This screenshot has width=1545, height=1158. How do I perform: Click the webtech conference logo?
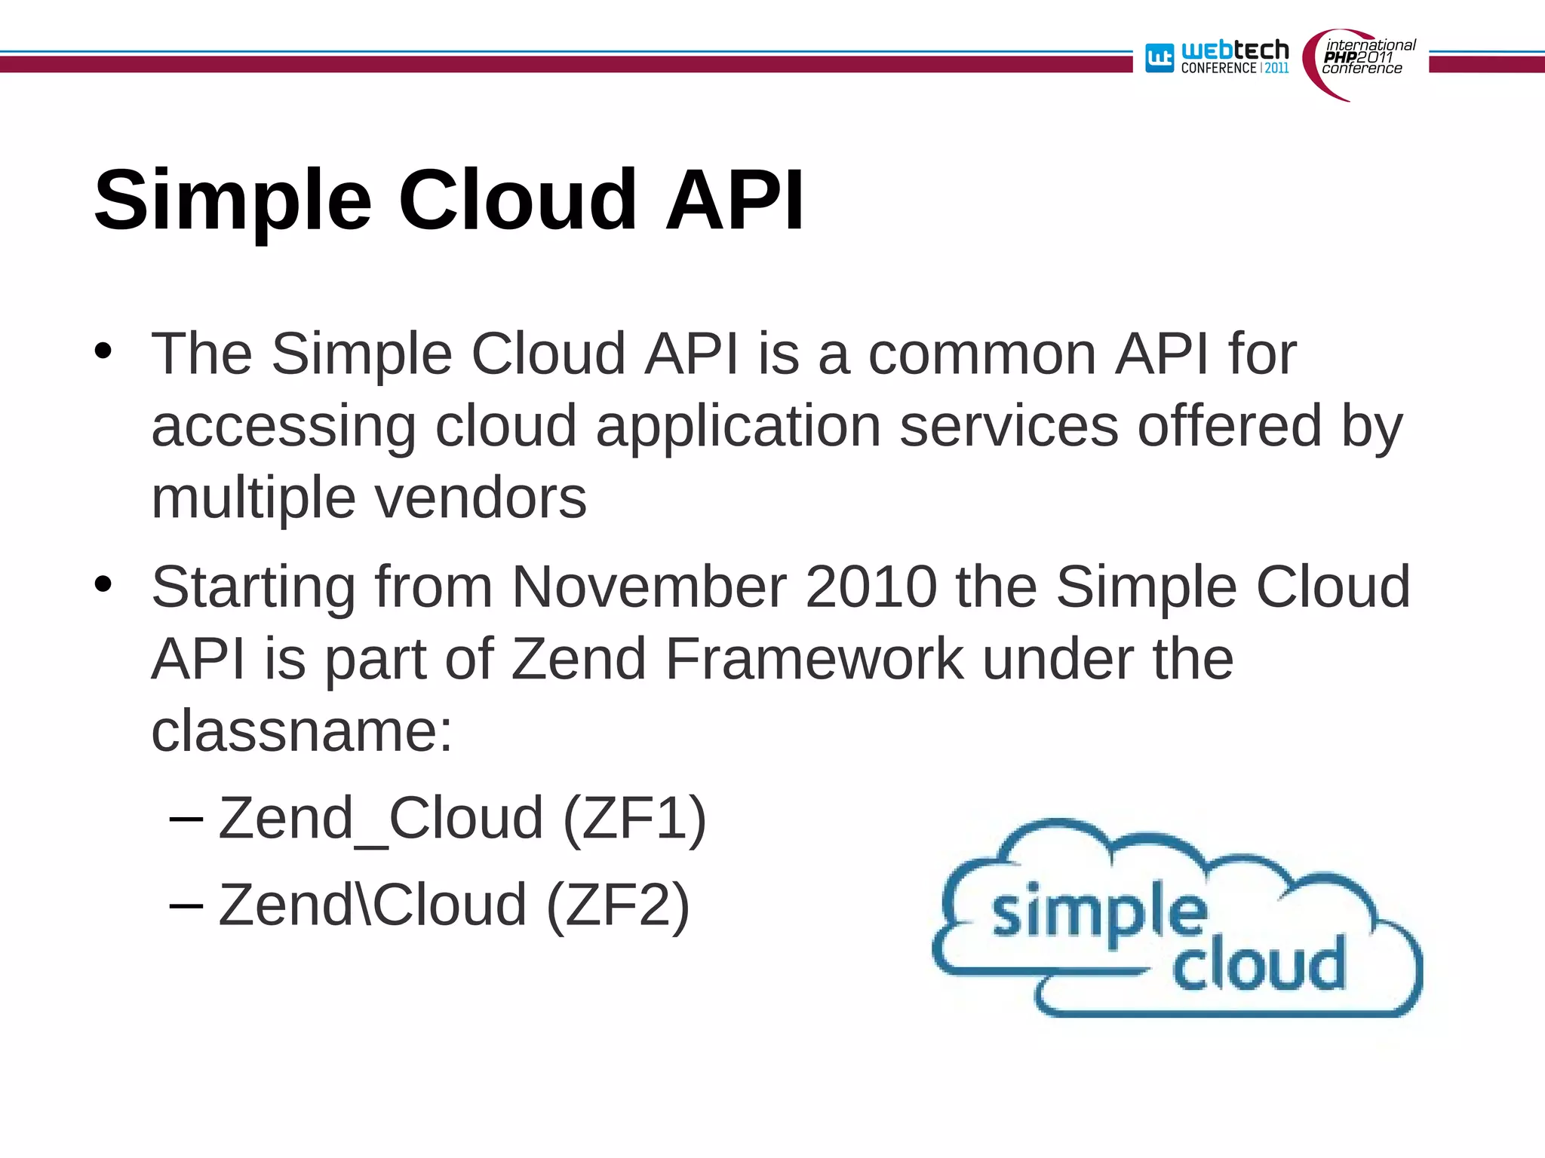click(x=1217, y=57)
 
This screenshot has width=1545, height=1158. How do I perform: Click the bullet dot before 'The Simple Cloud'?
click(x=103, y=351)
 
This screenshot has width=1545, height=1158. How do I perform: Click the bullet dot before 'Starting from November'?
click(x=103, y=584)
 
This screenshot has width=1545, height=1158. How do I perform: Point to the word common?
click(x=981, y=354)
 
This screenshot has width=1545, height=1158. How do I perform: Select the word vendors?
click(x=481, y=498)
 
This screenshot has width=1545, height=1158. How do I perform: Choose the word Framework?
click(x=814, y=659)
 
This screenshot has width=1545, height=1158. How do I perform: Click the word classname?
click(x=302, y=731)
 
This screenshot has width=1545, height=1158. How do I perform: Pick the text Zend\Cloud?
click(x=372, y=905)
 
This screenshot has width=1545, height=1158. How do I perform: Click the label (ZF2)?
click(x=617, y=905)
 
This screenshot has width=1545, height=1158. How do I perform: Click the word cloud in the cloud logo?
click(x=1258, y=964)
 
